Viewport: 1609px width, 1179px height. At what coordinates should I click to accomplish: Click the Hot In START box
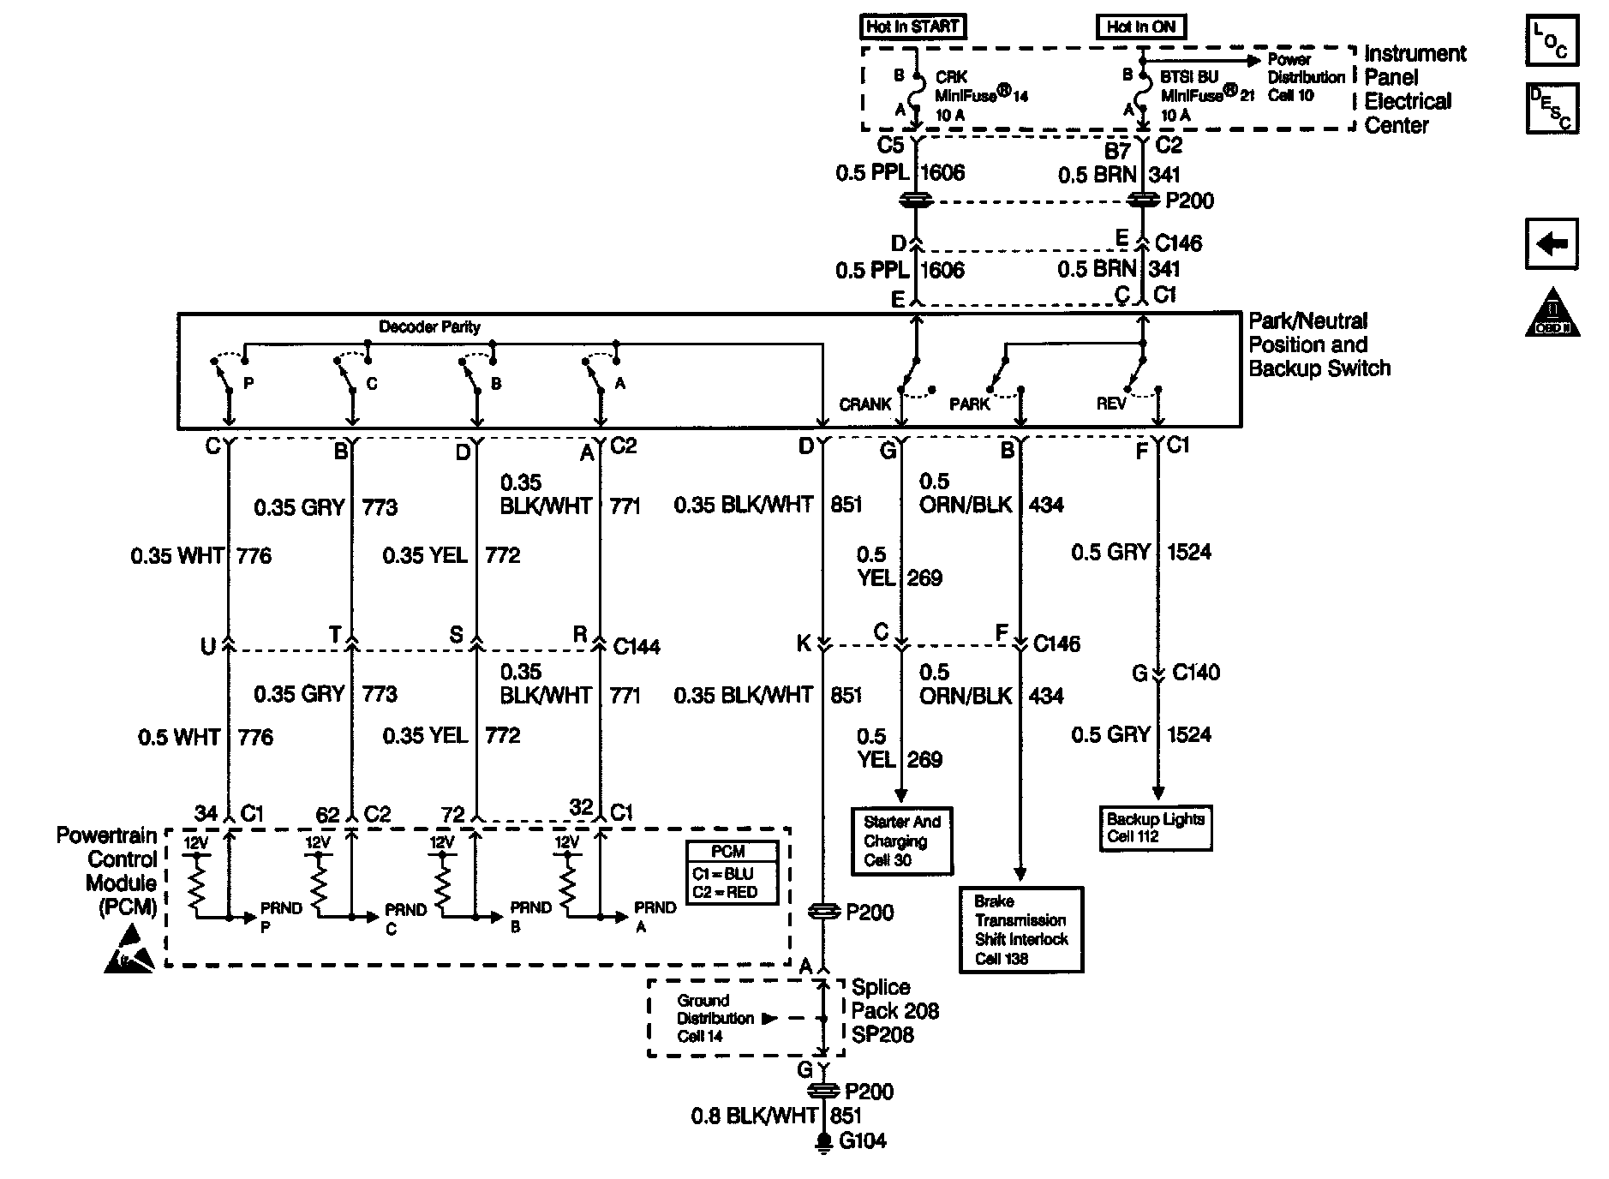click(912, 27)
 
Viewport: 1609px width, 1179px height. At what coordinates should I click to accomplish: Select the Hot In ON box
click(1141, 27)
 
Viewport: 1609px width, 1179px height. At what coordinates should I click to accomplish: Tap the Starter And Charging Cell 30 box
click(901, 841)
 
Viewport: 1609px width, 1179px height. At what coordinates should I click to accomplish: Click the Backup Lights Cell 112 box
click(1156, 828)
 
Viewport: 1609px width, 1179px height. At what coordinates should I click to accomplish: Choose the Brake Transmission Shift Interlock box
click(1021, 930)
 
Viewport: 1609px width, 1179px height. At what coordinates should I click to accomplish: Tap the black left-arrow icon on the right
click(1552, 244)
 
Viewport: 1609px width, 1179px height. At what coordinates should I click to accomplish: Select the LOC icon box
click(1552, 40)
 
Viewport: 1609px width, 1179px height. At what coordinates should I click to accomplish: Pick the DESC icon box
click(1552, 108)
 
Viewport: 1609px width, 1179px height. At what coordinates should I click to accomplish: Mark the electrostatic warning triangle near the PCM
click(129, 950)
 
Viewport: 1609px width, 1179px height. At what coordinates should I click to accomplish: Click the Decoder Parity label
click(429, 327)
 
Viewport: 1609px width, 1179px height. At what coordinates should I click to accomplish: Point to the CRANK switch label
click(865, 404)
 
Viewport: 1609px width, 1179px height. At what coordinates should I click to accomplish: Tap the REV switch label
click(1110, 404)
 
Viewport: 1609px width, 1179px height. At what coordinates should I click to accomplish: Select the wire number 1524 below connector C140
click(1189, 734)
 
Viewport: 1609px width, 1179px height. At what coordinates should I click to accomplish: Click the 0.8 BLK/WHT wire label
click(754, 1116)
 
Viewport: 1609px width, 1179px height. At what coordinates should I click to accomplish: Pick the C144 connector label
click(637, 647)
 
